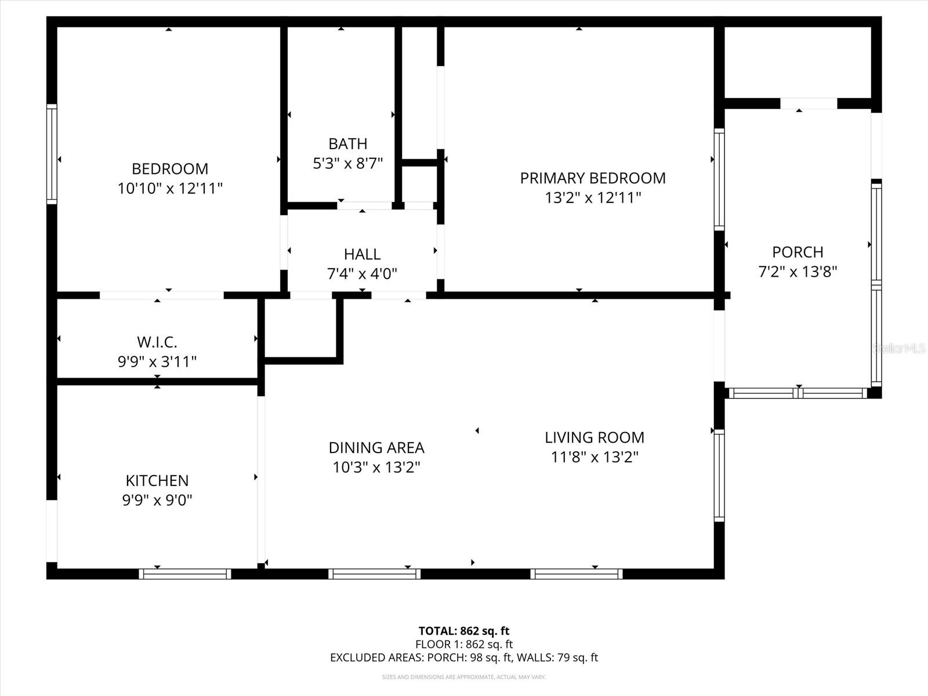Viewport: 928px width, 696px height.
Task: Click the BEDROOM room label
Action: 169,169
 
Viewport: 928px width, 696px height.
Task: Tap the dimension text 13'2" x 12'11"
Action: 592,198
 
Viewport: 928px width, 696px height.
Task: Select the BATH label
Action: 347,143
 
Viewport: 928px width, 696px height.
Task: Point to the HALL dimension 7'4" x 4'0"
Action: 362,273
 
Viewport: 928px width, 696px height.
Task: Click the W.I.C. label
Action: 157,342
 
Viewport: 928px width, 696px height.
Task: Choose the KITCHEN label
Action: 157,480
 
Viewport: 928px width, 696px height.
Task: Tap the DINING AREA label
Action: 376,447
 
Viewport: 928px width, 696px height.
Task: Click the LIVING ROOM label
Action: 594,437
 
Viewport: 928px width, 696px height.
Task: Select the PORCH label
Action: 797,252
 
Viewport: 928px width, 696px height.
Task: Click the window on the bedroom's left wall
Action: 52,154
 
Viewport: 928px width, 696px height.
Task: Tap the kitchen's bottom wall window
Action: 185,574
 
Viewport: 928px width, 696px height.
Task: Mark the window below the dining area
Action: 374,574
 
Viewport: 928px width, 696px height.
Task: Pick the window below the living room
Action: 577,574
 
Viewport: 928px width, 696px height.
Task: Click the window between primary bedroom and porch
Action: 719,179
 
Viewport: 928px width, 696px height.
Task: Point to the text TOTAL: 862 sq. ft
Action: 463,630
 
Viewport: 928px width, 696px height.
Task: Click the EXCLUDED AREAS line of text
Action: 463,657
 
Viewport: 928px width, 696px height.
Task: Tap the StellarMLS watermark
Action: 900,349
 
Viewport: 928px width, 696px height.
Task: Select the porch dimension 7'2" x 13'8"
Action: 797,271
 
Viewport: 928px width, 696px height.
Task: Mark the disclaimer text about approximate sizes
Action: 463,677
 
